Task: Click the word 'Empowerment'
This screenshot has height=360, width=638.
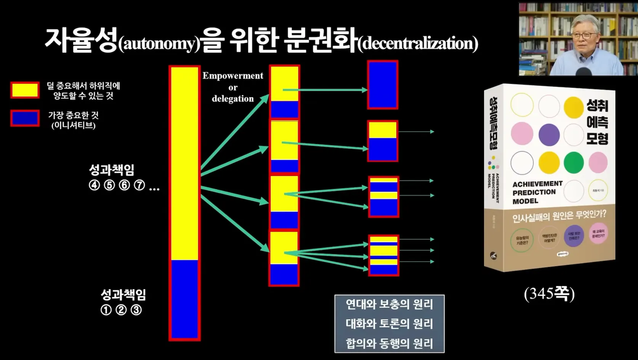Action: tap(232, 76)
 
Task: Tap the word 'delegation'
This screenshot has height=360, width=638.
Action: tap(232, 99)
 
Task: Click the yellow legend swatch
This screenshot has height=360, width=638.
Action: tap(25, 90)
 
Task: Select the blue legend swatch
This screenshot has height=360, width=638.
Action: tap(25, 118)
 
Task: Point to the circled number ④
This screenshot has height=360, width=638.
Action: tap(95, 185)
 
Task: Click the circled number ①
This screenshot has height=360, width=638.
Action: tap(106, 310)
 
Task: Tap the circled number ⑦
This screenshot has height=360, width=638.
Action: tap(139, 185)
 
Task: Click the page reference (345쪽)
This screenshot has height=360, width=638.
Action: tap(549, 294)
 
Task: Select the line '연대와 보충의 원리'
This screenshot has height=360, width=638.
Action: tap(389, 304)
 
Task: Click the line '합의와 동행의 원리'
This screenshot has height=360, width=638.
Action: tap(389, 343)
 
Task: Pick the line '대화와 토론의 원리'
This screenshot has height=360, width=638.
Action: tap(389, 324)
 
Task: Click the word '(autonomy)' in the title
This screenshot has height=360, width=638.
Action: tap(159, 44)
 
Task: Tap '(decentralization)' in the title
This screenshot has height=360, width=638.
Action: tap(418, 43)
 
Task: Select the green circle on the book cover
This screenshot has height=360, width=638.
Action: tap(574, 162)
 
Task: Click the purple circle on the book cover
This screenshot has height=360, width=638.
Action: tap(549, 134)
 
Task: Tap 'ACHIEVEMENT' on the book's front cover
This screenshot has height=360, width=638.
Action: tap(537, 184)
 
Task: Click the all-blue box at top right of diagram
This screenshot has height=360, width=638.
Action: tap(383, 85)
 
